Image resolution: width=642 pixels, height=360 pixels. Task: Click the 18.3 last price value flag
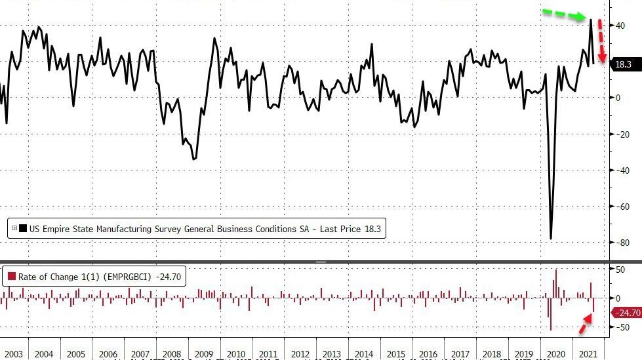pos(623,64)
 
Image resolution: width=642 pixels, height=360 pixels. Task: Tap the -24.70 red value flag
pos(626,313)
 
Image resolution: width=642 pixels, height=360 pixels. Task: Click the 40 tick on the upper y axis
pos(617,25)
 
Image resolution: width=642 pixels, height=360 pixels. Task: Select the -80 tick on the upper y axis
pos(618,242)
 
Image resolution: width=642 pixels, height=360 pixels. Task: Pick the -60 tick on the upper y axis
pos(618,206)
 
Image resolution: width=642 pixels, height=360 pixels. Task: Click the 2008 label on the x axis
pos(172,354)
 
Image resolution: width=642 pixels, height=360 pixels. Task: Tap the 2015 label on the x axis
pos(397,354)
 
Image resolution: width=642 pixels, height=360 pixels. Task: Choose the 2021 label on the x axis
pos(589,354)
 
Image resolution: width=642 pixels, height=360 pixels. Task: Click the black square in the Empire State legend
pos(23,228)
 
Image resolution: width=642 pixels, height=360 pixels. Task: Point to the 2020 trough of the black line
pos(551,238)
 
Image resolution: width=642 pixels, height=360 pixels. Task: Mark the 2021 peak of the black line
pos(591,20)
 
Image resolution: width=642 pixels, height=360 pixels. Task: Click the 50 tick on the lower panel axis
pos(617,270)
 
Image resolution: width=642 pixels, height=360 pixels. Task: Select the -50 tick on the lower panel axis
pos(618,327)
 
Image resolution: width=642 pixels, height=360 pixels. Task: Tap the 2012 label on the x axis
pos(300,354)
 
